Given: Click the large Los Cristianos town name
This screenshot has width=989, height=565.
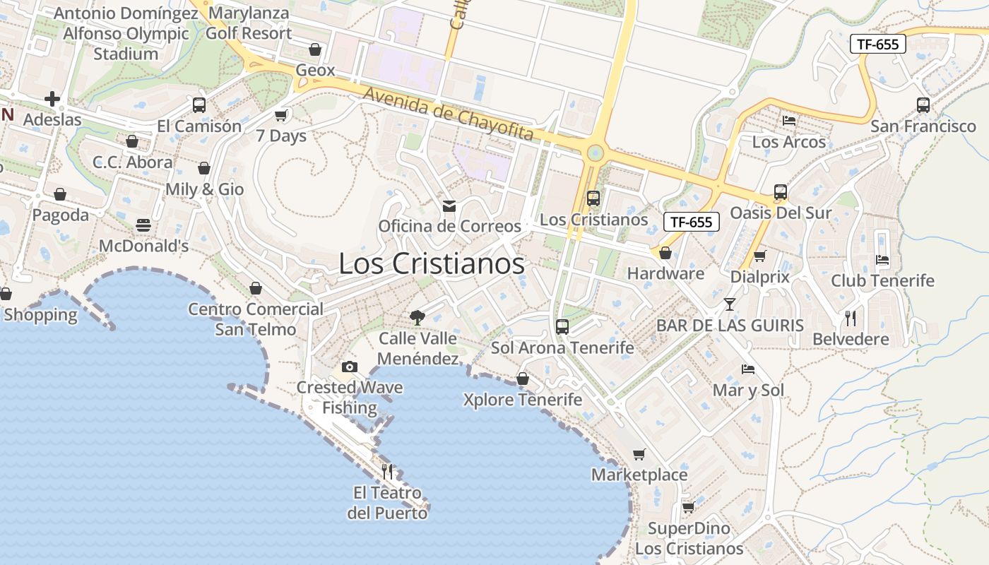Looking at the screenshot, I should coord(432,264).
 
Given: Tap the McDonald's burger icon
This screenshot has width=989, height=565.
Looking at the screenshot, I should coord(143,225).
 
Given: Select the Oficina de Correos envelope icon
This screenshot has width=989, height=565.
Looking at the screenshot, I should coord(449,206).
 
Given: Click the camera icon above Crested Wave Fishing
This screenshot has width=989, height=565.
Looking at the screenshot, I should coord(349,367).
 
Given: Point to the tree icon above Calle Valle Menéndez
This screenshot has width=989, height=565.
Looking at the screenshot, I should coord(417,317).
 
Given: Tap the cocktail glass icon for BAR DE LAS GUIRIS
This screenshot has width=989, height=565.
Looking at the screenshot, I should coord(730,304).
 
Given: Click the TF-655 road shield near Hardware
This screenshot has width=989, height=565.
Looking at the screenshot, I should coord(691,222).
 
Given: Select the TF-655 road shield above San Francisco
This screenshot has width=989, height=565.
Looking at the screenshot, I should coord(877,44).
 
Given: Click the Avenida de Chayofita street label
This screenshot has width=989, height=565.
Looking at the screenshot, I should coord(448,114).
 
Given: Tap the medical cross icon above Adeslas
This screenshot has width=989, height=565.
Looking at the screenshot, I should coord(52,99).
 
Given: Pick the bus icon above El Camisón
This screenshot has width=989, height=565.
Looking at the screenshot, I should coord(199,105).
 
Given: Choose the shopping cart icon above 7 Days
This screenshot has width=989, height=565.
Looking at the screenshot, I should coord(281,115).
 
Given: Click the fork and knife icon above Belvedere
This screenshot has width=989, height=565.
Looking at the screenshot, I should coord(851,319).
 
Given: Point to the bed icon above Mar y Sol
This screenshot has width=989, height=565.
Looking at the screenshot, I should coord(748,369).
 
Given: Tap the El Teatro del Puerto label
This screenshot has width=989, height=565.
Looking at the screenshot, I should coord(387,503).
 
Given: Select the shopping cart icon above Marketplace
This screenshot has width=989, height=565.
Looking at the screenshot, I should coord(639,454).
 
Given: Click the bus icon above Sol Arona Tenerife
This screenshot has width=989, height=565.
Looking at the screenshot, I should coord(562,326).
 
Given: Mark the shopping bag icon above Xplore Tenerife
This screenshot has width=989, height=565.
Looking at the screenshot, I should coord(523,379).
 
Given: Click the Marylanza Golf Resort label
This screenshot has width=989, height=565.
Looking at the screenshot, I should coord(249,23).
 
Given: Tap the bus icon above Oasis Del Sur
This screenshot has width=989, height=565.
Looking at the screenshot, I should coord(781,192).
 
